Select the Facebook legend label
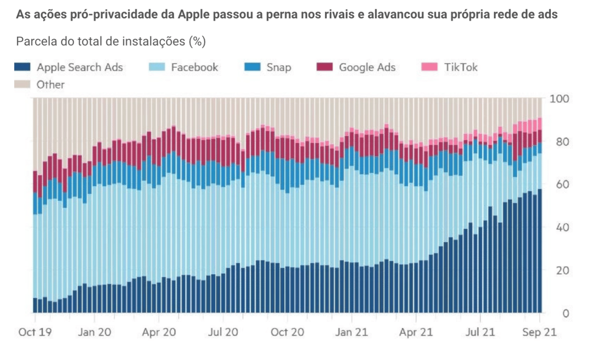pyautogui.click(x=194, y=67)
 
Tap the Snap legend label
pyautogui.click(x=279, y=67)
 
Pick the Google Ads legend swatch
pyautogui.click(x=325, y=67)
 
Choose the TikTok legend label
pyautogui.click(x=461, y=67)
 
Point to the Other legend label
pyautogui.click(x=51, y=85)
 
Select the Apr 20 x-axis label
pyautogui.click(x=160, y=332)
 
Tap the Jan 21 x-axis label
pyautogui.click(x=352, y=332)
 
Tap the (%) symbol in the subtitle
pyautogui.click(x=197, y=41)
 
